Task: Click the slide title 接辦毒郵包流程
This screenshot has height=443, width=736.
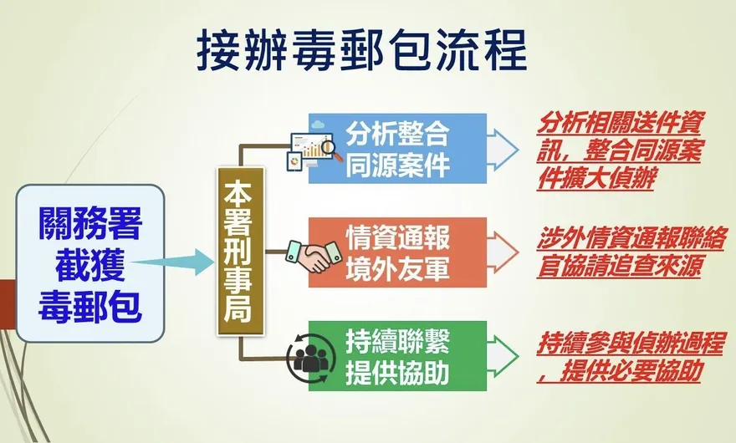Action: (x=362, y=51)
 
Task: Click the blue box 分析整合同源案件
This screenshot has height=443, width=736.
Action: (x=397, y=148)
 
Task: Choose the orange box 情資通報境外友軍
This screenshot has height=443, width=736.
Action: (x=397, y=252)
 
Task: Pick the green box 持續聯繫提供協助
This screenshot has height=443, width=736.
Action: (x=397, y=356)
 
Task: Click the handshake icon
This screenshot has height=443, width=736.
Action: (x=309, y=254)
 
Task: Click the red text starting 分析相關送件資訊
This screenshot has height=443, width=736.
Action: (x=620, y=149)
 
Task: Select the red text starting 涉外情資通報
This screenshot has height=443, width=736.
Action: (x=620, y=252)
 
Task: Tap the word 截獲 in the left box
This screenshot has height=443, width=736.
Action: (x=89, y=267)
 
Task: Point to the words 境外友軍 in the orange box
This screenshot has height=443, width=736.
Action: (x=397, y=268)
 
